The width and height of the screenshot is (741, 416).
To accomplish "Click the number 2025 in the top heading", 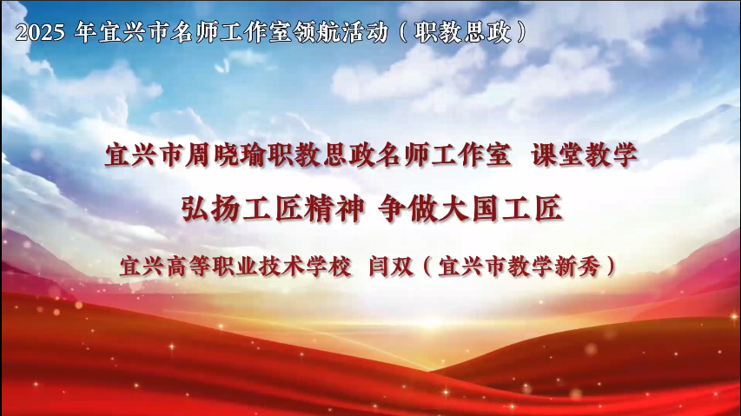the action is (40, 32).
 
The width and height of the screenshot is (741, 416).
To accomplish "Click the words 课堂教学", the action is (584, 155).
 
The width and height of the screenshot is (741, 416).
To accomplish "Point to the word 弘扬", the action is (210, 208).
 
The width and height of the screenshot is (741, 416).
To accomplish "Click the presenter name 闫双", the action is (391, 267).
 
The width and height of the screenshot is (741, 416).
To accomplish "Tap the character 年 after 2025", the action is (85, 32).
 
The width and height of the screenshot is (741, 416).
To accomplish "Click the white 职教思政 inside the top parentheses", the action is (463, 32).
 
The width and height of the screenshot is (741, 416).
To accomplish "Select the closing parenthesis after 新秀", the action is (611, 267).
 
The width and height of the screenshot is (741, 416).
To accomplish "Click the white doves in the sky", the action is (222, 66).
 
